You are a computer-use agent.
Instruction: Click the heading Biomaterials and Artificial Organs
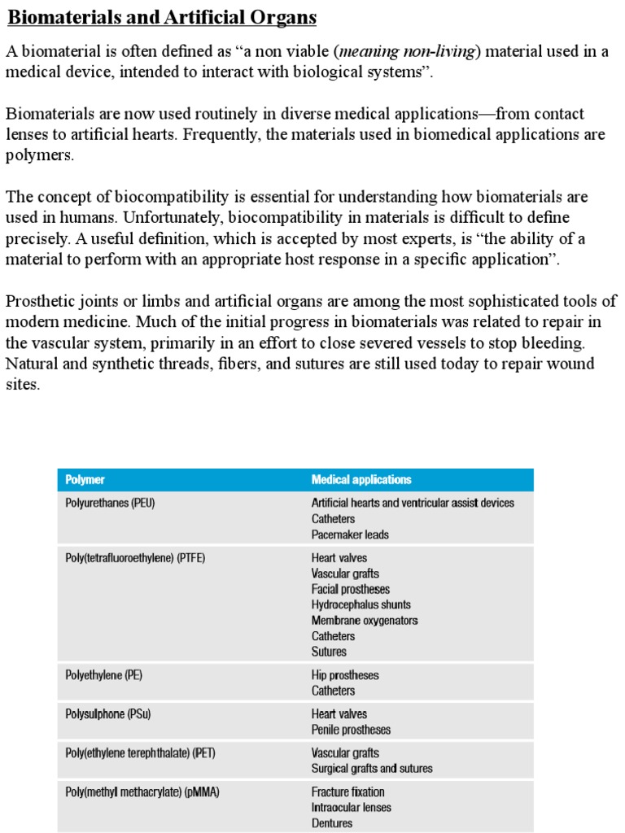click(162, 18)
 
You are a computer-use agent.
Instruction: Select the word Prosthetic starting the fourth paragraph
click(40, 301)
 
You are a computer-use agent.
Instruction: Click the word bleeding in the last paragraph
click(547, 342)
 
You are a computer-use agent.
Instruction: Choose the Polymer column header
click(85, 480)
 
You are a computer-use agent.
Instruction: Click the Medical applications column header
click(361, 480)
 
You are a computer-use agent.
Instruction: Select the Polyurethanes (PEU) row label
click(110, 503)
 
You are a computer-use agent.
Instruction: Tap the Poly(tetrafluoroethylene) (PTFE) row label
click(141, 558)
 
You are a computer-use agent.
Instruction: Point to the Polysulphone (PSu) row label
click(107, 714)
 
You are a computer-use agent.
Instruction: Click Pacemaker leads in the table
click(350, 534)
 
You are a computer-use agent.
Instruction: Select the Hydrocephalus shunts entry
click(361, 604)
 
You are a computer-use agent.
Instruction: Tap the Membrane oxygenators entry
click(365, 620)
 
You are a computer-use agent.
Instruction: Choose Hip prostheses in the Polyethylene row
click(345, 675)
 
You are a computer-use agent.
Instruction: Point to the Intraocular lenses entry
click(351, 808)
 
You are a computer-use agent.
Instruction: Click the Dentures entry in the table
click(332, 823)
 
